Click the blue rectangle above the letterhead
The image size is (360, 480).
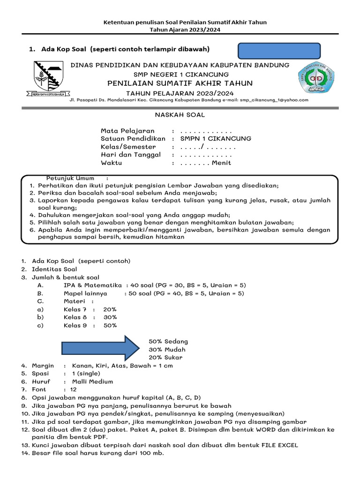coord(280,51)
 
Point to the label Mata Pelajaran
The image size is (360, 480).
coord(127,131)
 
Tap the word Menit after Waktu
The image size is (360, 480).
coord(221,163)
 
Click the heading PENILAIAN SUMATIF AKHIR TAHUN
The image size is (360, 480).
coord(180,83)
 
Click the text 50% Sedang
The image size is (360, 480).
coord(168,341)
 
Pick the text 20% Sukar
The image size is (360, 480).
coord(165,358)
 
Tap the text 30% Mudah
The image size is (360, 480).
coord(167,350)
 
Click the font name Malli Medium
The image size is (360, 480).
coord(93,382)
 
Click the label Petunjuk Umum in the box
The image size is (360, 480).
coord(70,178)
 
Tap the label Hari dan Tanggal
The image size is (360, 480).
coord(131,155)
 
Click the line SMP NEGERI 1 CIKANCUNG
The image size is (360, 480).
coord(181,75)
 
